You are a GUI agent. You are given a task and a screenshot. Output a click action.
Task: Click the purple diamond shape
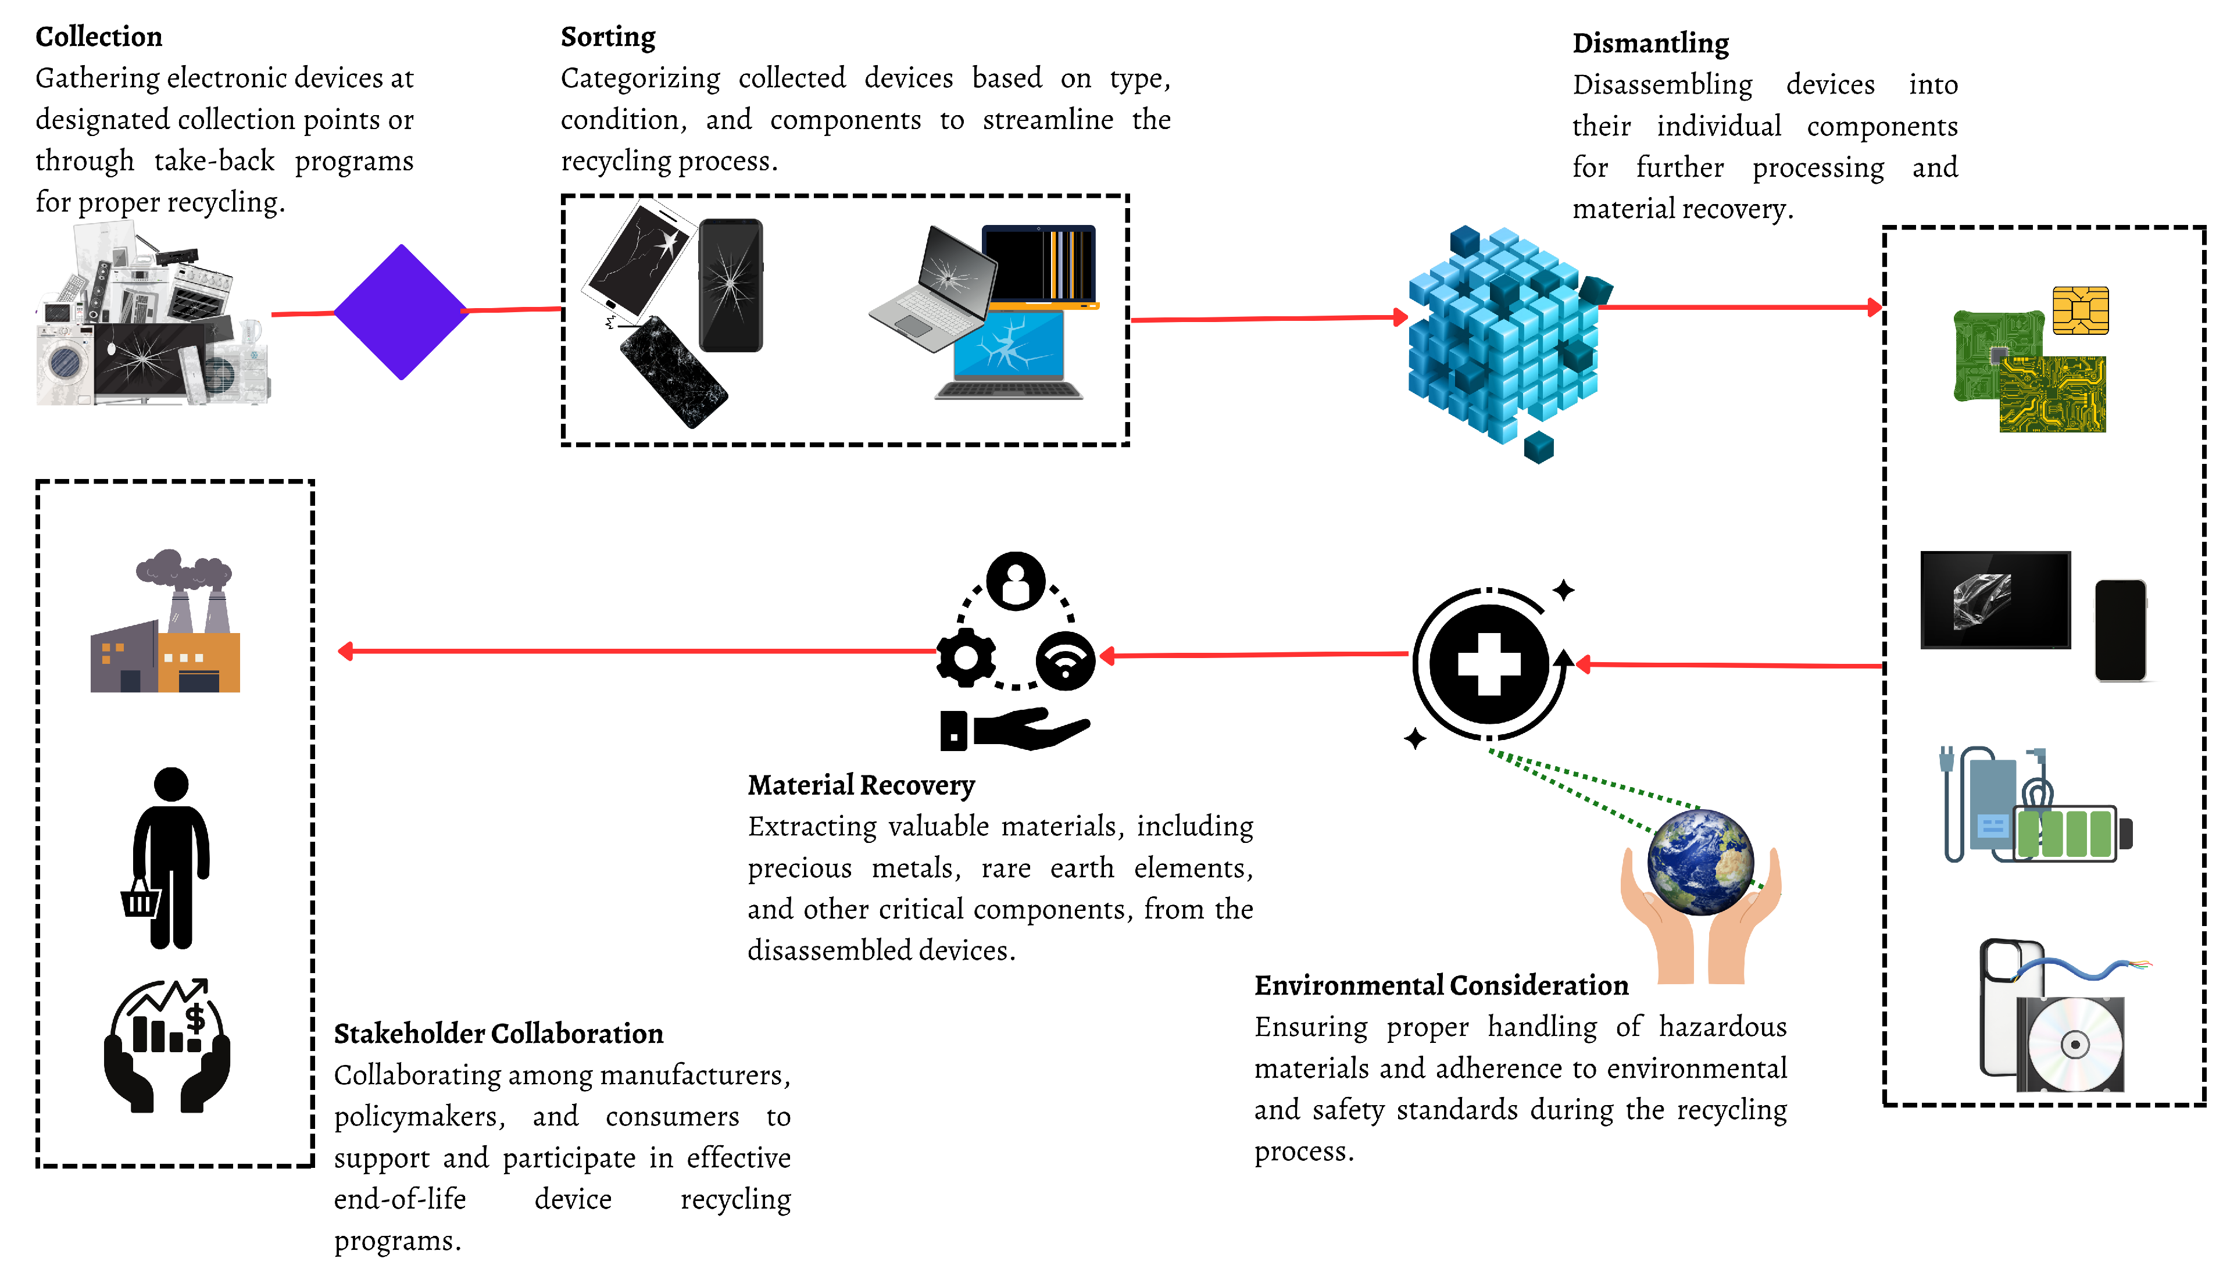(401, 312)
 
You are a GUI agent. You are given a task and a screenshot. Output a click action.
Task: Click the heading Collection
(98, 37)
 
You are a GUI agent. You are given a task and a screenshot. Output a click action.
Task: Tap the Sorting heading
(607, 37)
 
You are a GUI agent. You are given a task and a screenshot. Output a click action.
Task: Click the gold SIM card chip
(2079, 310)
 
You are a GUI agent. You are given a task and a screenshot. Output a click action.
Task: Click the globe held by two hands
(1700, 862)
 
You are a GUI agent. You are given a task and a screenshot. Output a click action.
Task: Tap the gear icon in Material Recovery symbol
(966, 657)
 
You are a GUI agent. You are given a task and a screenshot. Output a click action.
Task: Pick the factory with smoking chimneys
(166, 624)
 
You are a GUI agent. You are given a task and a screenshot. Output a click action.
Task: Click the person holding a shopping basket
(168, 858)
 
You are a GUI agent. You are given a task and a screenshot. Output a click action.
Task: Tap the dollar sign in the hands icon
(195, 1018)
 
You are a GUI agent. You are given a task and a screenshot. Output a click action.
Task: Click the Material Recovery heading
(860, 785)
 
